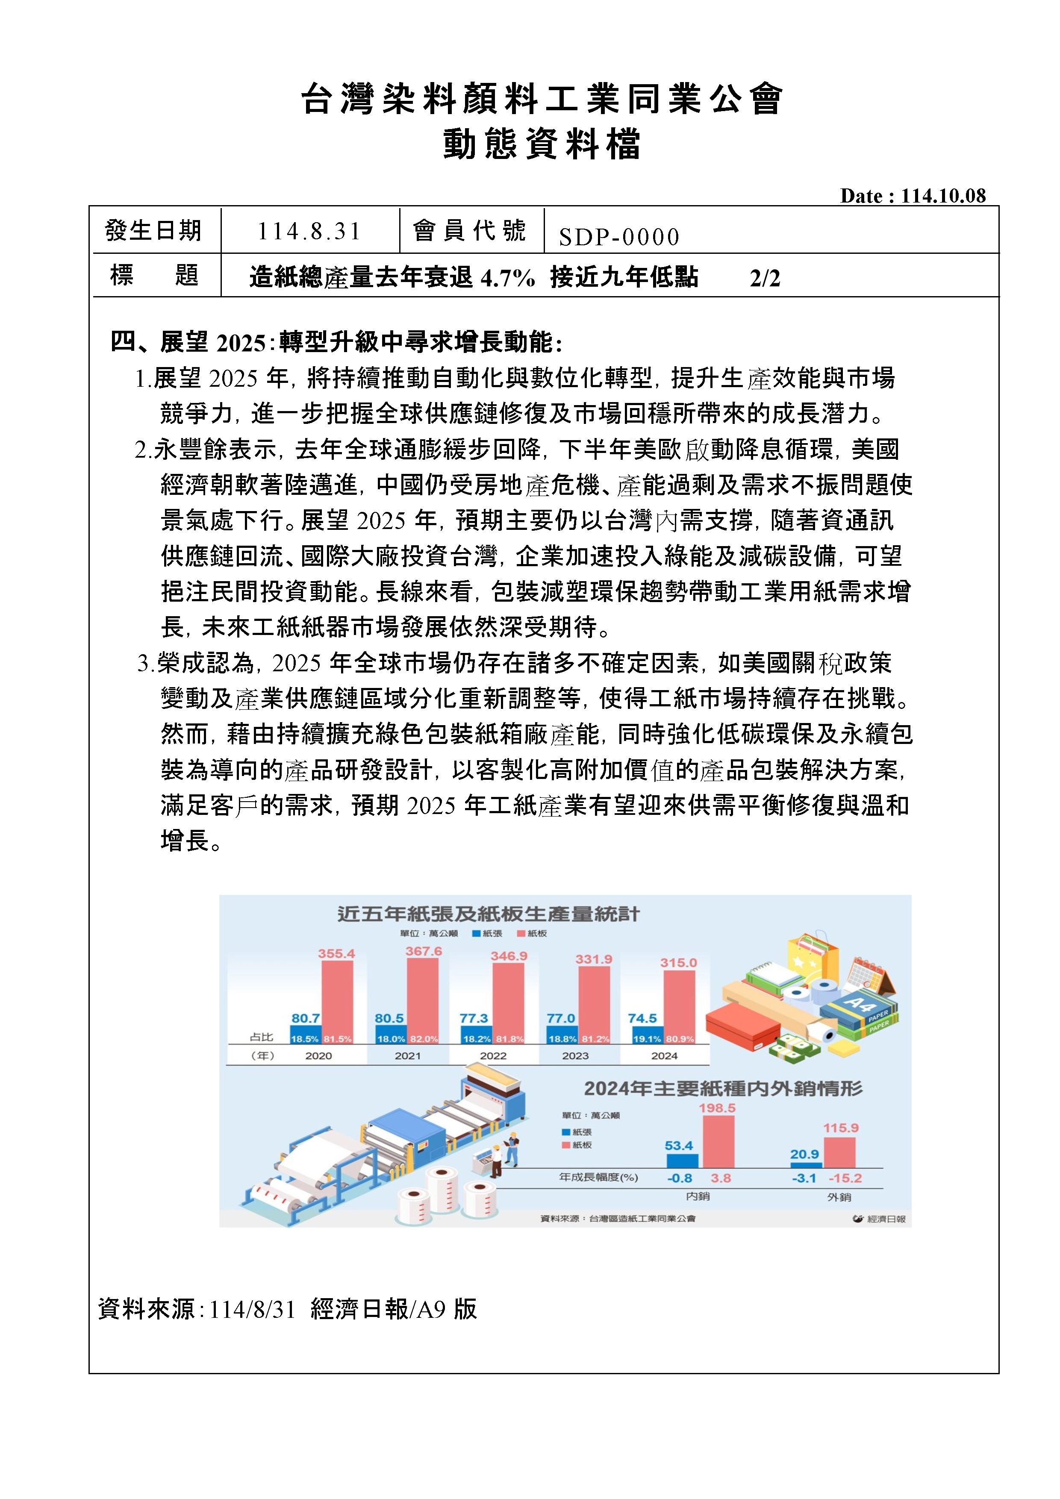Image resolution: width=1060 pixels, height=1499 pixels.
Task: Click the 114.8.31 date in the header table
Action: click(309, 231)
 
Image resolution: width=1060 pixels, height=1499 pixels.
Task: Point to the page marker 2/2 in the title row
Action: click(765, 279)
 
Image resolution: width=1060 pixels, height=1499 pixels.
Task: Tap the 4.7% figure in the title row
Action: click(507, 279)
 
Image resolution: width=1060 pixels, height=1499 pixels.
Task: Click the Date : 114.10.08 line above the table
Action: click(913, 196)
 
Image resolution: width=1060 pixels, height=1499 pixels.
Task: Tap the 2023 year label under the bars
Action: click(575, 1056)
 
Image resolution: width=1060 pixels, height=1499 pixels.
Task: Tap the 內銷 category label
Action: click(698, 1196)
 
